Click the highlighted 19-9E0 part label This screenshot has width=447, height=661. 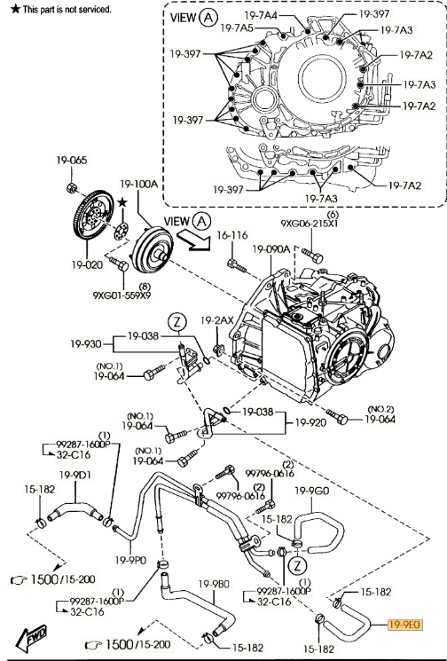pos(404,625)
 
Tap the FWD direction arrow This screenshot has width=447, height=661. pos(31,638)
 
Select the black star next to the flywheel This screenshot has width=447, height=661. pos(122,203)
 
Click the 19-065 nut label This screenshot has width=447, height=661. pos(72,161)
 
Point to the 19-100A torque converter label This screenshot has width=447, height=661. pos(138,184)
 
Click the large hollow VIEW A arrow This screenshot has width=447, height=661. pos(193,241)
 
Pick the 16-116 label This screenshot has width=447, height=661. pos(232,235)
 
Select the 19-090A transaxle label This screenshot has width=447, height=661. pos(271,249)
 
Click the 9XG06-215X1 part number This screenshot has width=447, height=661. pos(310,224)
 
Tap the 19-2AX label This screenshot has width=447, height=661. pos(217,321)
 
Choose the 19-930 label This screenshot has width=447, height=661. pos(86,344)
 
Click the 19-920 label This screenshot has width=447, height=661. pos(310,422)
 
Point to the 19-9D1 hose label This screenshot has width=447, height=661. pos(75,475)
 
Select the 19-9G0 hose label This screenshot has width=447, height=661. pos(312,491)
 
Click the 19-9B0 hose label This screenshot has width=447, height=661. pos(214,585)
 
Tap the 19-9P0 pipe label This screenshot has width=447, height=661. pos(130,560)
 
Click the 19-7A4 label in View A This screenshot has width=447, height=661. pos(261,16)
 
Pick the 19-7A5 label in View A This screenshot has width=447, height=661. pos(237,28)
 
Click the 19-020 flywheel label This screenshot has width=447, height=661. pos(87,264)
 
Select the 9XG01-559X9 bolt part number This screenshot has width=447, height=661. pos(122,295)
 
